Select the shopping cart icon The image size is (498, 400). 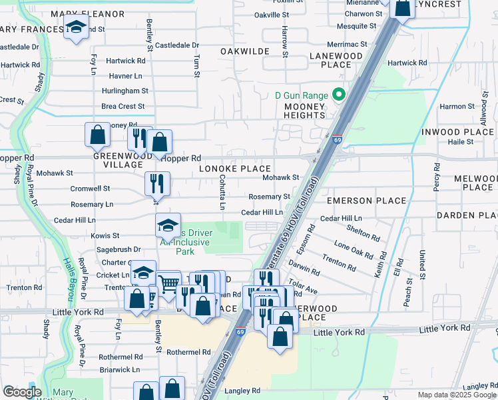(169, 284)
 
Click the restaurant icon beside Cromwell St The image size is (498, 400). (157, 183)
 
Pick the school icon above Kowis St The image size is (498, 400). (168, 225)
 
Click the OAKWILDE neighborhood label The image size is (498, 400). (244, 51)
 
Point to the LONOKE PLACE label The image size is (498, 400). (235, 169)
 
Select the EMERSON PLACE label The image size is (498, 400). (366, 201)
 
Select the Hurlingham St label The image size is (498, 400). (124, 91)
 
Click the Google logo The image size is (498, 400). (23, 392)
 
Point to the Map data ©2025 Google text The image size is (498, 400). (456, 395)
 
